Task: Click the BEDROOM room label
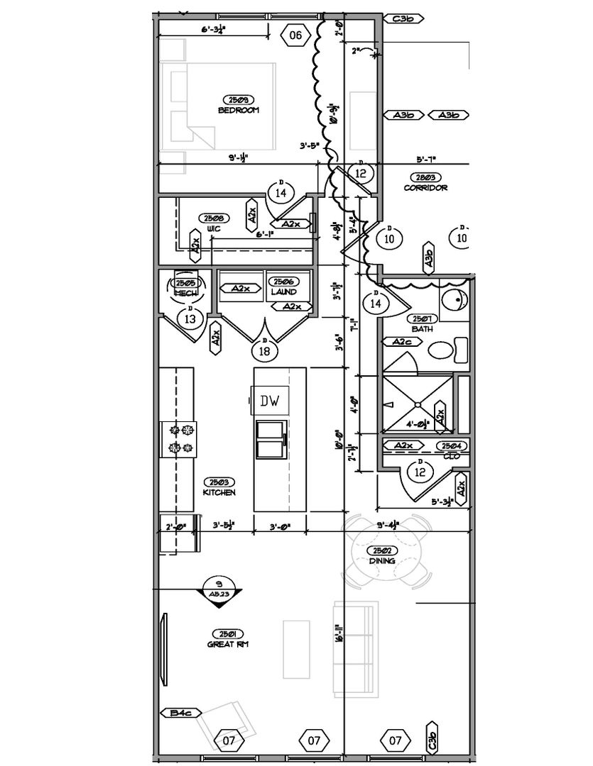click(x=239, y=111)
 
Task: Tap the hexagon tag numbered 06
click(x=295, y=35)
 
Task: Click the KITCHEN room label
click(x=219, y=492)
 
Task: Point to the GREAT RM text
click(x=227, y=644)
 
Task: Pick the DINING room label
click(x=382, y=561)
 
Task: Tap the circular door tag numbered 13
click(x=190, y=318)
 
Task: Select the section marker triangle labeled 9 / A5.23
click(x=218, y=590)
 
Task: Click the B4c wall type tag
click(x=182, y=712)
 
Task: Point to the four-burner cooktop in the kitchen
click(x=180, y=438)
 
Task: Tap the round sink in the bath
click(x=452, y=301)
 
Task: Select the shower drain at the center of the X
click(x=418, y=404)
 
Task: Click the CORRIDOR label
click(x=425, y=188)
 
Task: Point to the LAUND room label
click(x=284, y=292)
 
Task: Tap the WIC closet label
click(x=214, y=229)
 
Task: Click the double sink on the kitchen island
click(x=271, y=440)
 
